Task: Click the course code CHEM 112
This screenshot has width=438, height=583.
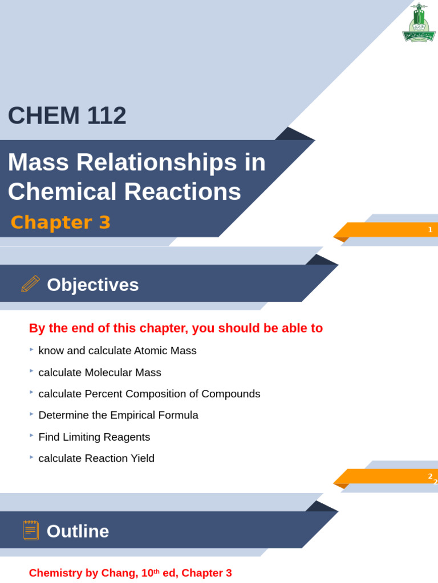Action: coord(67,116)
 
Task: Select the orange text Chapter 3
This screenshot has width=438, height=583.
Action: coord(60,222)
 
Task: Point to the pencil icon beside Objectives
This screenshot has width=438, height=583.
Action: coord(30,284)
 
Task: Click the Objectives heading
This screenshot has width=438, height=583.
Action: coord(92,285)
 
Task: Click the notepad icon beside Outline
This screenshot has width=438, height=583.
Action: coord(30,530)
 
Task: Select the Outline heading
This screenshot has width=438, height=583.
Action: coord(78,531)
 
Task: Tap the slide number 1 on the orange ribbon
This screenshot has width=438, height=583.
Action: coord(430,229)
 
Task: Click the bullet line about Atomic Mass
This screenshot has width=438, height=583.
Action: coord(117,351)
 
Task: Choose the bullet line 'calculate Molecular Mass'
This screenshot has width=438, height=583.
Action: coord(100,372)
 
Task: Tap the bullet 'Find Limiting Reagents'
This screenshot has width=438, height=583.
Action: coord(94,437)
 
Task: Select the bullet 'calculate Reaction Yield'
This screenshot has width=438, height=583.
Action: coord(96,458)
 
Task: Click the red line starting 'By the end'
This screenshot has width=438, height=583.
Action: coord(176,328)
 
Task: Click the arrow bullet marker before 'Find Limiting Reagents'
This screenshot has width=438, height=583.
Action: coord(32,436)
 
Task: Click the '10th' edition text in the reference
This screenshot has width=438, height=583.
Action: coord(150,573)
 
